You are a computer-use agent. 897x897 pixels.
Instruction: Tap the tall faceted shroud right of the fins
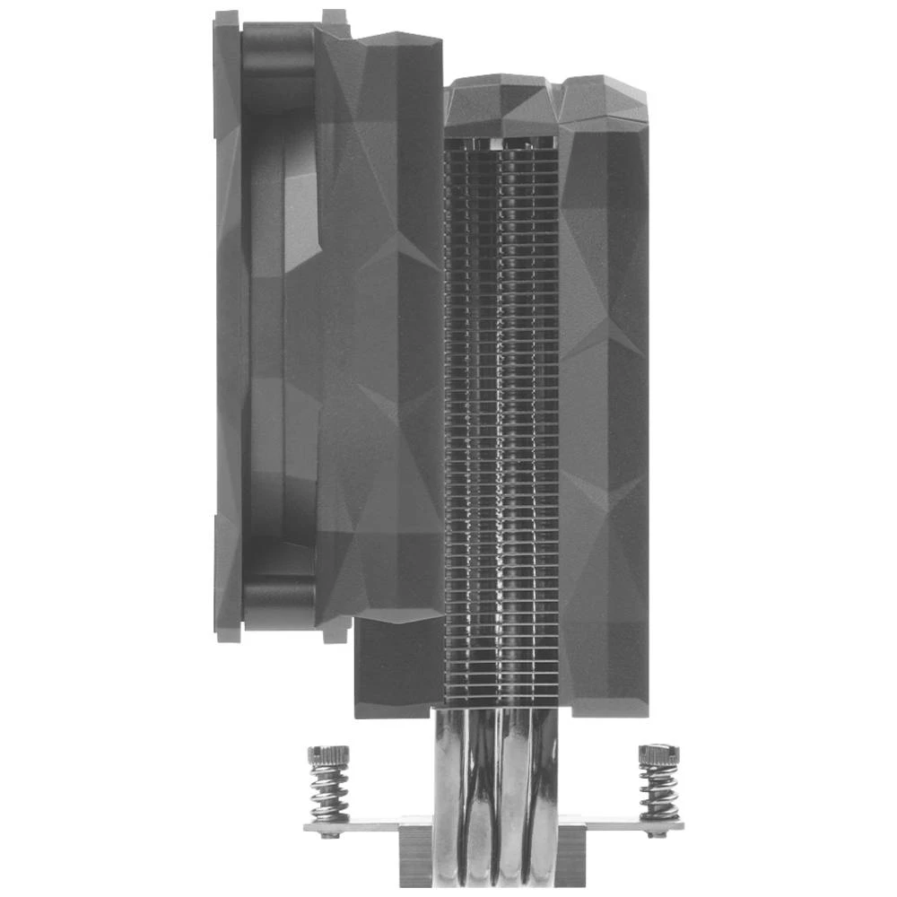pos(603,404)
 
